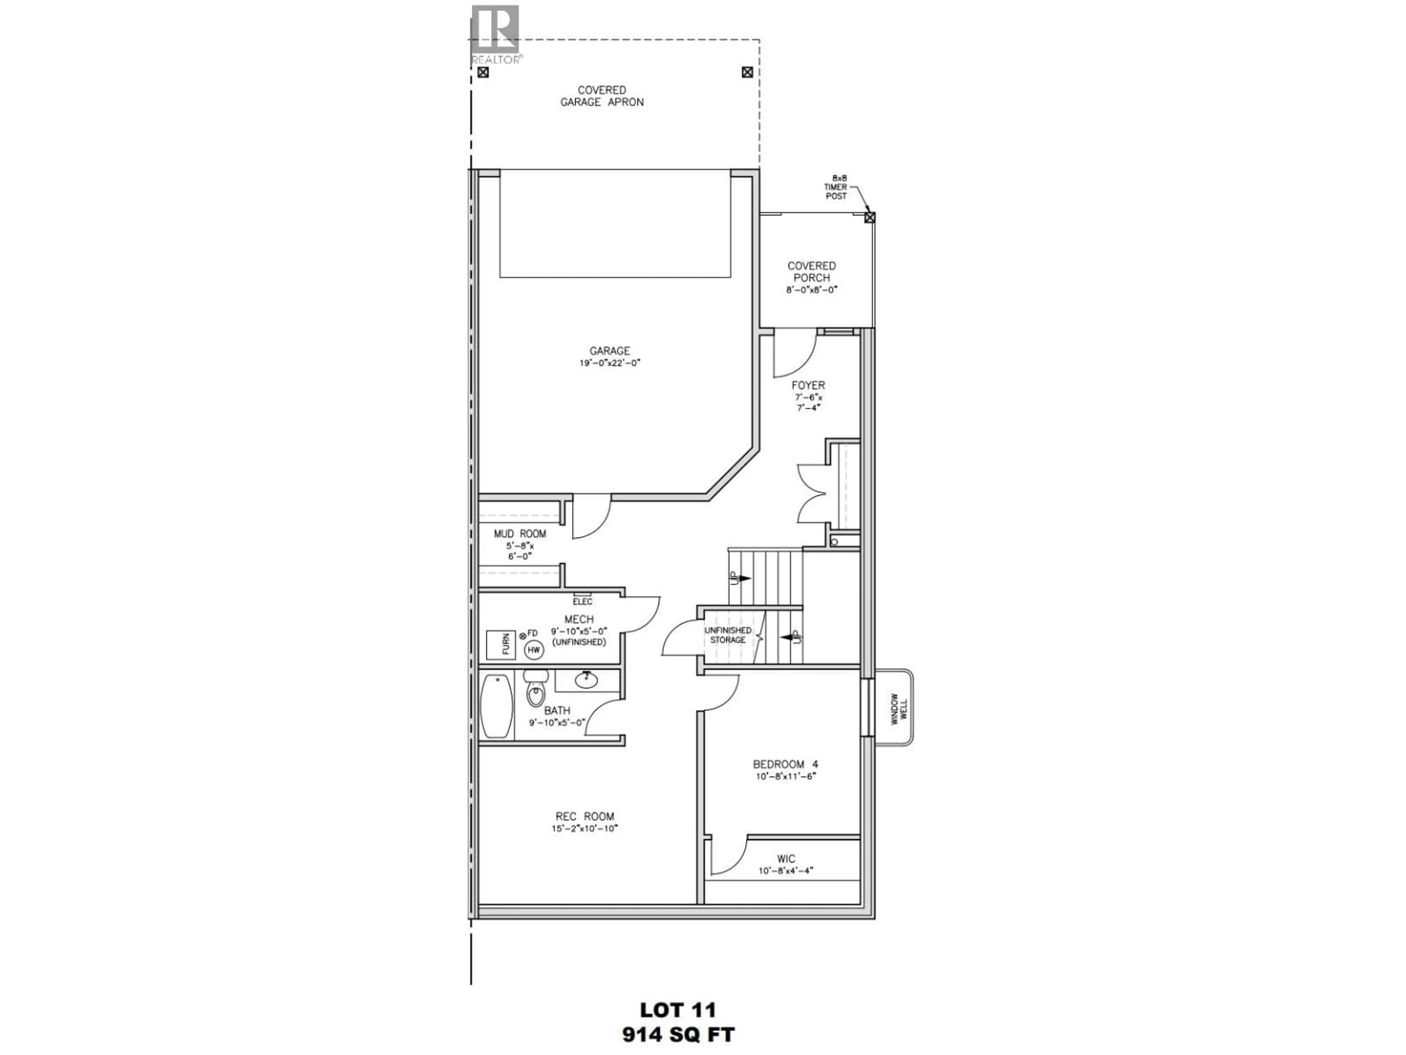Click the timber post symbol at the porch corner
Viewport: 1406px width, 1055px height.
coord(870,218)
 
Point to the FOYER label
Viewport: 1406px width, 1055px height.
coord(808,385)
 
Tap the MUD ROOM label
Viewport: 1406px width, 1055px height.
coord(520,533)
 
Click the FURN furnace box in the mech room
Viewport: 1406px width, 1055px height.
coord(500,645)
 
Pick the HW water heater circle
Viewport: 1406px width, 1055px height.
coord(534,650)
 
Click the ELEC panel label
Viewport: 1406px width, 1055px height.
coord(582,601)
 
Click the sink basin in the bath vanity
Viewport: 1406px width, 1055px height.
coord(586,681)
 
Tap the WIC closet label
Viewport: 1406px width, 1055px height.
coord(786,859)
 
